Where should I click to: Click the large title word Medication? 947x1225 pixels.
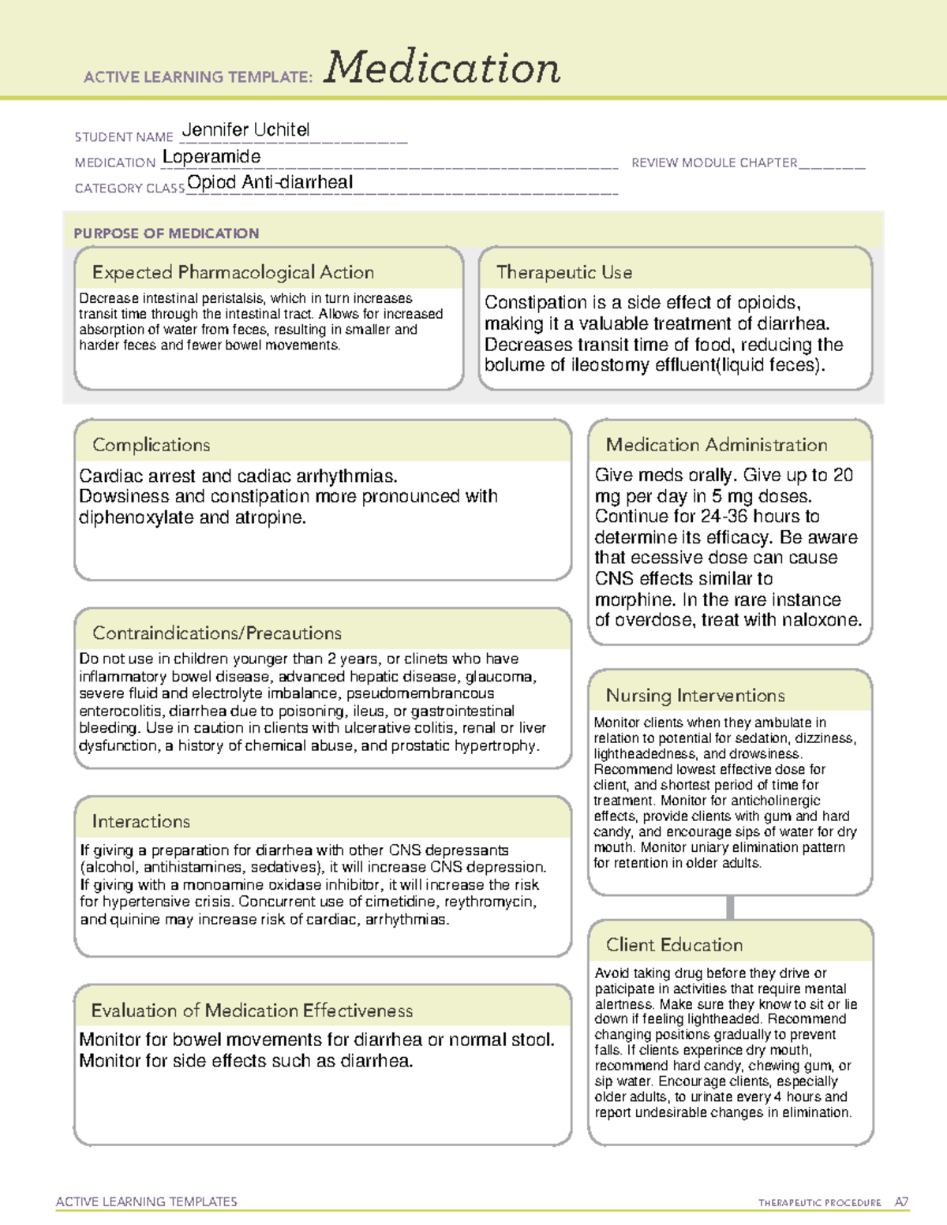pos(442,68)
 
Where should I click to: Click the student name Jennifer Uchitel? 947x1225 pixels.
pos(245,130)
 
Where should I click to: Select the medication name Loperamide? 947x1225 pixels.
pos(211,157)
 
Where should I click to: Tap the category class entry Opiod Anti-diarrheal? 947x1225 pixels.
pos(270,182)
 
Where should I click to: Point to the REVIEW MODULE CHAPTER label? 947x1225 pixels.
pos(714,162)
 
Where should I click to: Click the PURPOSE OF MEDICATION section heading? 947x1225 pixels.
pos(167,233)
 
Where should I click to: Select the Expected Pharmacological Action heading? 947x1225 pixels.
pos(233,272)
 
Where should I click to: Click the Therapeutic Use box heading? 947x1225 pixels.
pos(564,272)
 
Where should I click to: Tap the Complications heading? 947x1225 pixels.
pos(152,445)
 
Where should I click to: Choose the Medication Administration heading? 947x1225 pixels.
pos(717,445)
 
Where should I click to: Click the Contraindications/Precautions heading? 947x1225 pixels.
pos(217,633)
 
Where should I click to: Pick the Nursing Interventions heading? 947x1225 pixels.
pos(695,696)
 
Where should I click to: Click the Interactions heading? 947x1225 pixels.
pos(141,822)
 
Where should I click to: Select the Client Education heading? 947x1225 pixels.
pos(675,945)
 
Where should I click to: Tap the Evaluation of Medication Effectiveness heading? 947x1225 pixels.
pos(252,1010)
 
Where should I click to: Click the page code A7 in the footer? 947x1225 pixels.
pos(901,1202)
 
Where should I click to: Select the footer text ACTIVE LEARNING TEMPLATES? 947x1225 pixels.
pos(147,1201)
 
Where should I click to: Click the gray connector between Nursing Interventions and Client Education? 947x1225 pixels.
pos(730,907)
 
